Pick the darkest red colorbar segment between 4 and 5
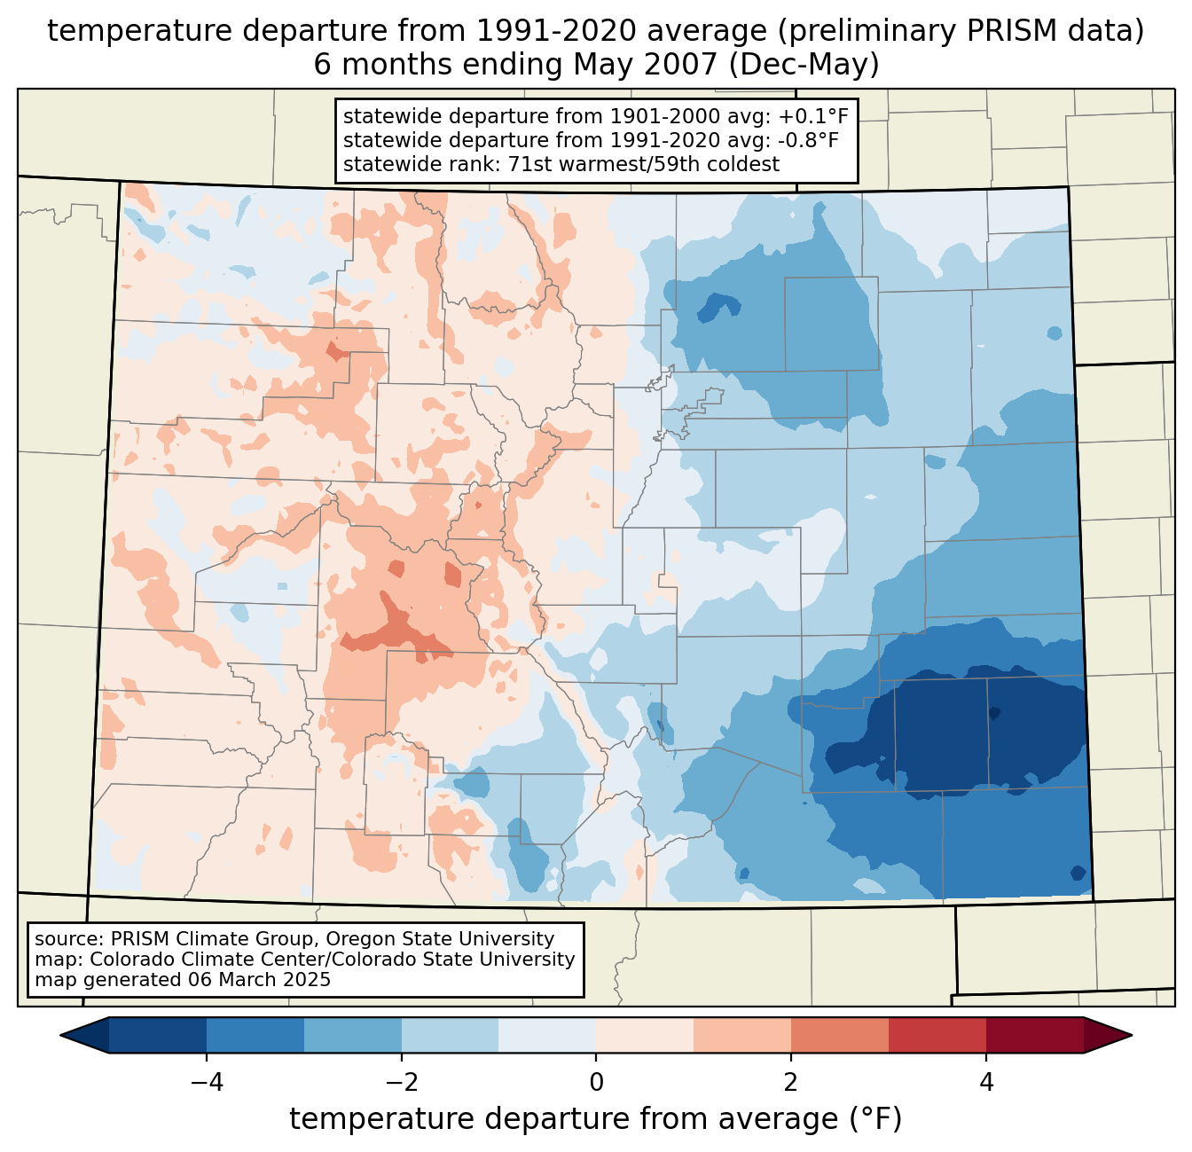1034,1035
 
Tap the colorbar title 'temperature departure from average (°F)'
596,1119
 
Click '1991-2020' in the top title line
537,31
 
